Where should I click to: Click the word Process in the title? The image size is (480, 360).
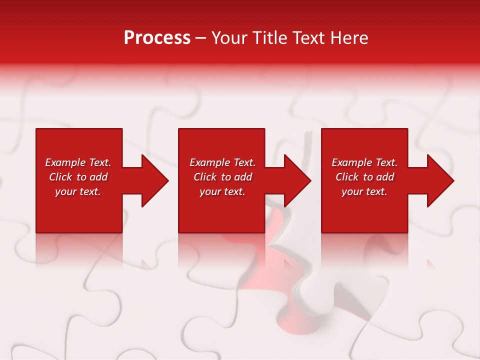tap(157, 38)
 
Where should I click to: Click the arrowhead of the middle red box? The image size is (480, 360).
tap(296, 180)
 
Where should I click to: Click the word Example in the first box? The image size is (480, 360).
tap(65, 162)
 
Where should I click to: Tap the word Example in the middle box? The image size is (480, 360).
tap(209, 162)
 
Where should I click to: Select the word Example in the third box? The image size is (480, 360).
tap(351, 162)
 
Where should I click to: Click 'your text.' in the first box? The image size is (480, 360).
tap(78, 191)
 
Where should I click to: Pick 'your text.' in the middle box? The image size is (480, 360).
tap(222, 191)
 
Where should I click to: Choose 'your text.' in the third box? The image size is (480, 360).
tap(364, 191)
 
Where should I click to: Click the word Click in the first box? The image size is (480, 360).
tap(61, 177)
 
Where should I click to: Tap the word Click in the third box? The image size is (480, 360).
tap(347, 177)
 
